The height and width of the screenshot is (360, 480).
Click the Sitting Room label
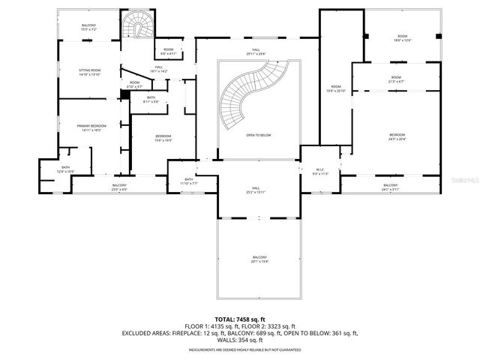click(89, 72)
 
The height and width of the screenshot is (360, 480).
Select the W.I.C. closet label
click(320, 171)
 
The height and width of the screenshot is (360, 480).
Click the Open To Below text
click(258, 136)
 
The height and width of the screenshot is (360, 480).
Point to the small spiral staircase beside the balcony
click(136, 28)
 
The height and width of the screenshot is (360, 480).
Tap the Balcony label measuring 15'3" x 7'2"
click(88, 28)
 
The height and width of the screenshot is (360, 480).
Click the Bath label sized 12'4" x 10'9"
click(65, 169)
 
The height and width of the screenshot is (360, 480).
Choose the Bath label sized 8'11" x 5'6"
click(151, 100)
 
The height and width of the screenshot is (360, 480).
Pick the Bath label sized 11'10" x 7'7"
click(189, 181)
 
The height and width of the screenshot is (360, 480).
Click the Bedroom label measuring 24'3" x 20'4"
click(396, 136)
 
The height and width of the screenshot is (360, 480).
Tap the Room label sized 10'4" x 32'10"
click(335, 89)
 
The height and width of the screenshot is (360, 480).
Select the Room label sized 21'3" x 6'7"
click(395, 79)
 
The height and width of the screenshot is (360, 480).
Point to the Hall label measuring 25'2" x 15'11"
click(256, 190)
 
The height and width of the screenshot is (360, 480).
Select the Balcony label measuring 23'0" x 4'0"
click(119, 187)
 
